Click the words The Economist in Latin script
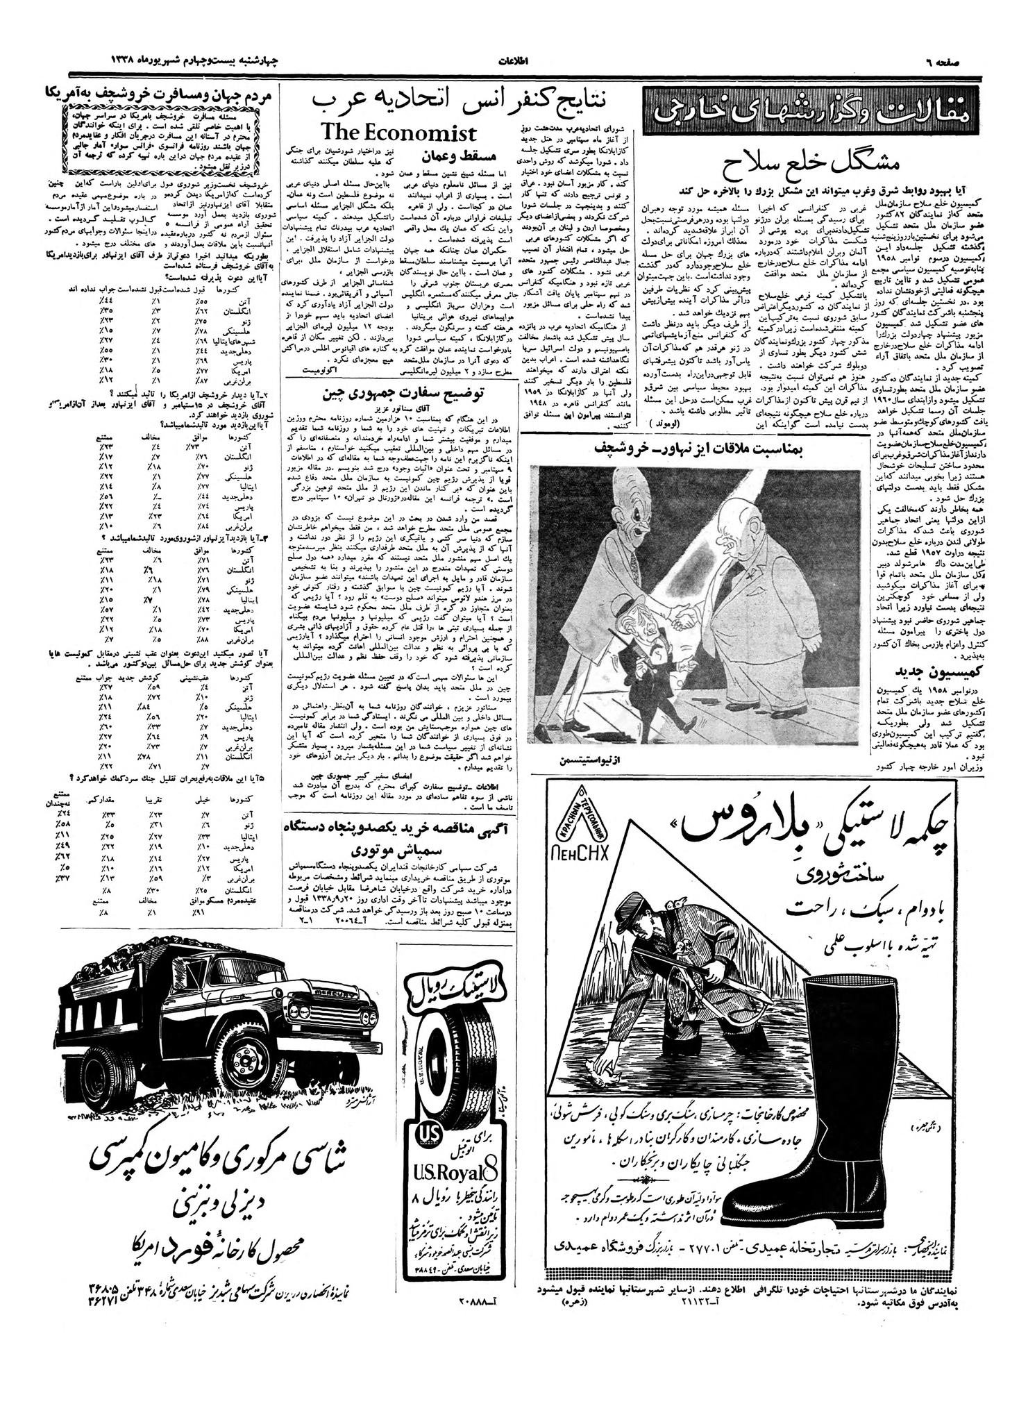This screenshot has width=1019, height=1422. coord(399,133)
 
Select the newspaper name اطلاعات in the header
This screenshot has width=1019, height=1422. coord(514,61)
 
